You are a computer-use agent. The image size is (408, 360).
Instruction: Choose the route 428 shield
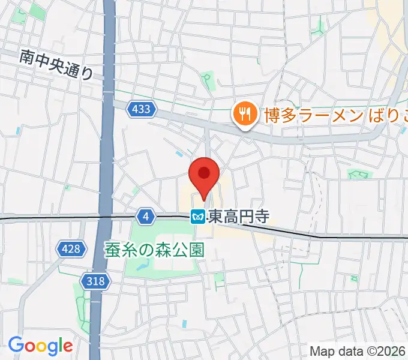[x=70, y=248]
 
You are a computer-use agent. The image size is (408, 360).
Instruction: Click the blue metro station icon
[x=197, y=217]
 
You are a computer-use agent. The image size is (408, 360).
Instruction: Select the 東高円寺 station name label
[x=236, y=217]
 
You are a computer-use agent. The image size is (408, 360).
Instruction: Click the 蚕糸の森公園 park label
[x=155, y=249]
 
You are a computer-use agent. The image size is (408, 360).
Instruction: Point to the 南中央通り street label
[x=56, y=65]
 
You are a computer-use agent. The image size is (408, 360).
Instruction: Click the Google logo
[x=40, y=346]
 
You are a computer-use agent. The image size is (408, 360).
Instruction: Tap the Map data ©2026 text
[x=358, y=351]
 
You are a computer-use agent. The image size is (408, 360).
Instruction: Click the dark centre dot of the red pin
[x=204, y=173]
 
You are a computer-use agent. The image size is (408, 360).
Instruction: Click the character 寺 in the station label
[x=259, y=217]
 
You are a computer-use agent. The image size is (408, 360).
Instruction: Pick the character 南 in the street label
[x=26, y=57]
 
